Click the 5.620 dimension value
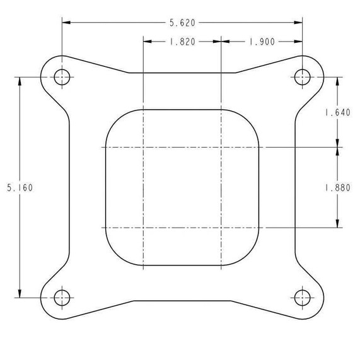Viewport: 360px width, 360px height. pos(182,23)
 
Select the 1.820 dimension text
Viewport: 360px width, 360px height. pos(182,42)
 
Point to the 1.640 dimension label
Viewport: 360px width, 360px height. pos(337,113)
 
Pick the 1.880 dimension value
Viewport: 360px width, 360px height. pos(337,187)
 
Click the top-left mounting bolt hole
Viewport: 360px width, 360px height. pos(62,78)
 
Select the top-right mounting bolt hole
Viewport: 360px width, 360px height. pos(302,78)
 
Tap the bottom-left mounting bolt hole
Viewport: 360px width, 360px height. pos(62,296)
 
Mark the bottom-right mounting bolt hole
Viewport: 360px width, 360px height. pos(302,296)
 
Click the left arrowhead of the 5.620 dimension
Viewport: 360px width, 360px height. pos(66,23)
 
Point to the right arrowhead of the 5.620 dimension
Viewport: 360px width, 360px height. pos(298,23)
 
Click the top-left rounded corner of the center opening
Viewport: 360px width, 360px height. pos(115,120)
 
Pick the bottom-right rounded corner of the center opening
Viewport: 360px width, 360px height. pos(250,255)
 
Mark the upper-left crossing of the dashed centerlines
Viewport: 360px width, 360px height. pos(144,148)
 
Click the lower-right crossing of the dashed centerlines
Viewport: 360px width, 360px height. pos(221,227)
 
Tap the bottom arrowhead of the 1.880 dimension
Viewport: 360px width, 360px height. pos(337,223)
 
